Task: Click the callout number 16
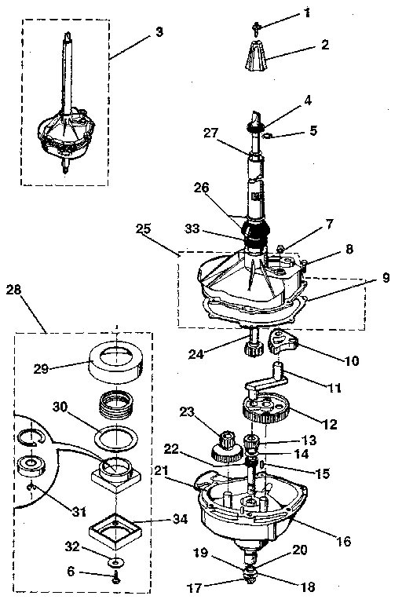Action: tap(343, 542)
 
